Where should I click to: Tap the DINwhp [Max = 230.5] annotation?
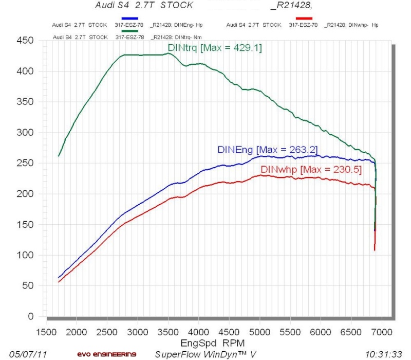[x=304, y=169]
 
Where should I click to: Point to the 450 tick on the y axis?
[x=26, y=40]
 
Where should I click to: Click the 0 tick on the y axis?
[x=32, y=316]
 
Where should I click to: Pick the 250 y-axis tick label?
[x=26, y=163]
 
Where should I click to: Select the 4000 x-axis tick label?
[x=198, y=331]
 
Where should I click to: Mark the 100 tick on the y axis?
[x=26, y=255]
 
